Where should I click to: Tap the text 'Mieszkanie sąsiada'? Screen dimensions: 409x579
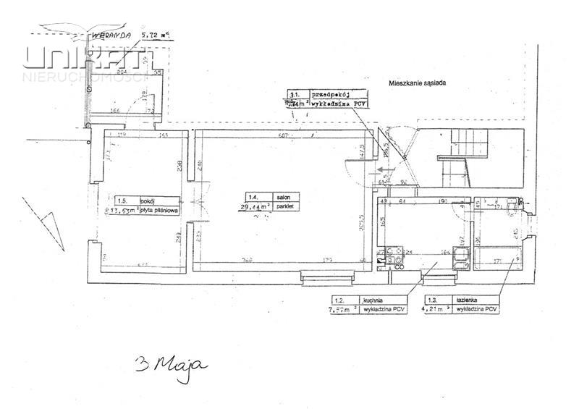417,83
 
